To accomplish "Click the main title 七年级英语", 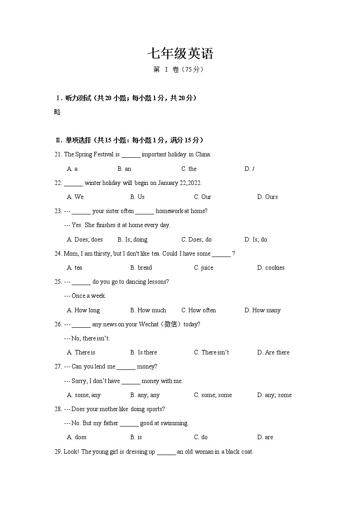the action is pyautogui.click(x=180, y=54).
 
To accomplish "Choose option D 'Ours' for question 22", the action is pyautogui.click(x=268, y=197).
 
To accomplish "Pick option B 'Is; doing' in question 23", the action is pyautogui.click(x=132, y=239).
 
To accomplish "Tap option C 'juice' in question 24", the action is pyautogui.click(x=204, y=267).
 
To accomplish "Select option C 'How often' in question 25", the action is pyautogui.click(x=199, y=310).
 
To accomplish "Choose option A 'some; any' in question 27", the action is pyautogui.click(x=84, y=395).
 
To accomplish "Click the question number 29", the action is pyautogui.click(x=58, y=451).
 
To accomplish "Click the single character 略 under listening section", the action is pyautogui.click(x=57, y=112).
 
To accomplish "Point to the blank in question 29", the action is pyautogui.click(x=166, y=452).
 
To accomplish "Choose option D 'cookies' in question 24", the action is pyautogui.click(x=271, y=267).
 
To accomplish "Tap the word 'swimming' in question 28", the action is pyautogui.click(x=174, y=423).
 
